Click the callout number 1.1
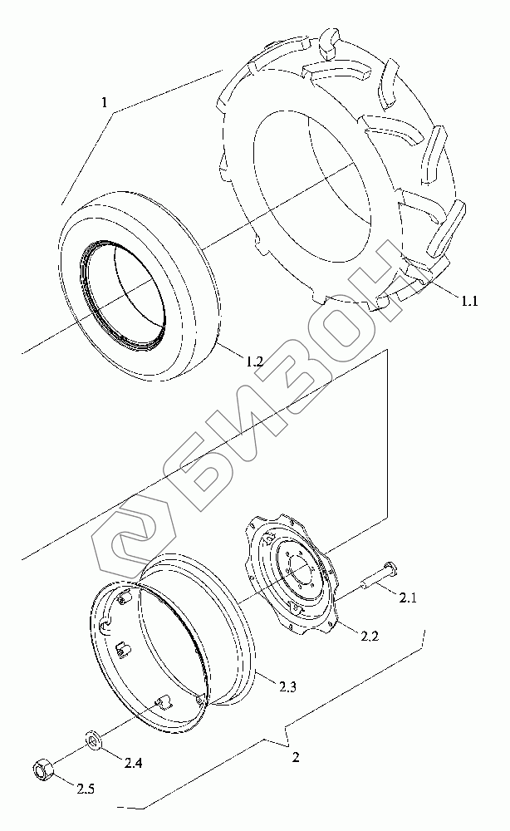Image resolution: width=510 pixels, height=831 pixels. tap(469, 301)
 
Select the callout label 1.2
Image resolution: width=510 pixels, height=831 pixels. tap(253, 361)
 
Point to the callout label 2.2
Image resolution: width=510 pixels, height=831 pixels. tap(370, 637)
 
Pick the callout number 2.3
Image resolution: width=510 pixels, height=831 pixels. tap(287, 687)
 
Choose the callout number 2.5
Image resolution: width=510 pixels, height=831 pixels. tap(86, 789)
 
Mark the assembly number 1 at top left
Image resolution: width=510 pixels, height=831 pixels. tap(105, 102)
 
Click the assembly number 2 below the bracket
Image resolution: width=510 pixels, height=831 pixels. tap(296, 757)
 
